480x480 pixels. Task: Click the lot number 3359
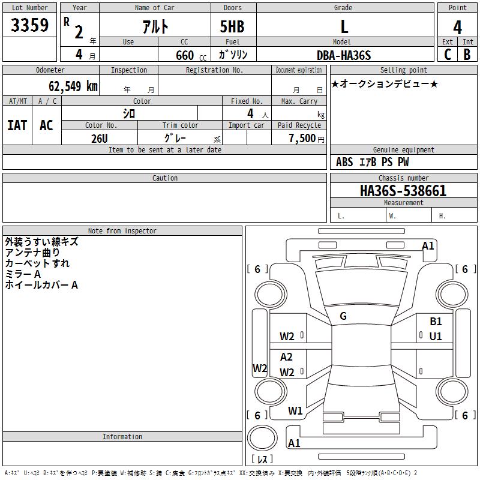click(x=29, y=25)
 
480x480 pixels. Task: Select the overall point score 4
click(x=457, y=27)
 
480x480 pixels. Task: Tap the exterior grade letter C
click(x=448, y=55)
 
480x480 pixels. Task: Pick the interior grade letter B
click(x=467, y=55)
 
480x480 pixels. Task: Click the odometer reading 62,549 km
click(x=73, y=86)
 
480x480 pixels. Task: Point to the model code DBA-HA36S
click(x=344, y=55)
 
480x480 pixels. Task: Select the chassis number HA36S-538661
click(x=403, y=191)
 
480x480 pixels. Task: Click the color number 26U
click(x=100, y=139)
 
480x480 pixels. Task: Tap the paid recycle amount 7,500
click(x=302, y=138)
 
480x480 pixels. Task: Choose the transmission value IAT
click(x=17, y=125)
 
